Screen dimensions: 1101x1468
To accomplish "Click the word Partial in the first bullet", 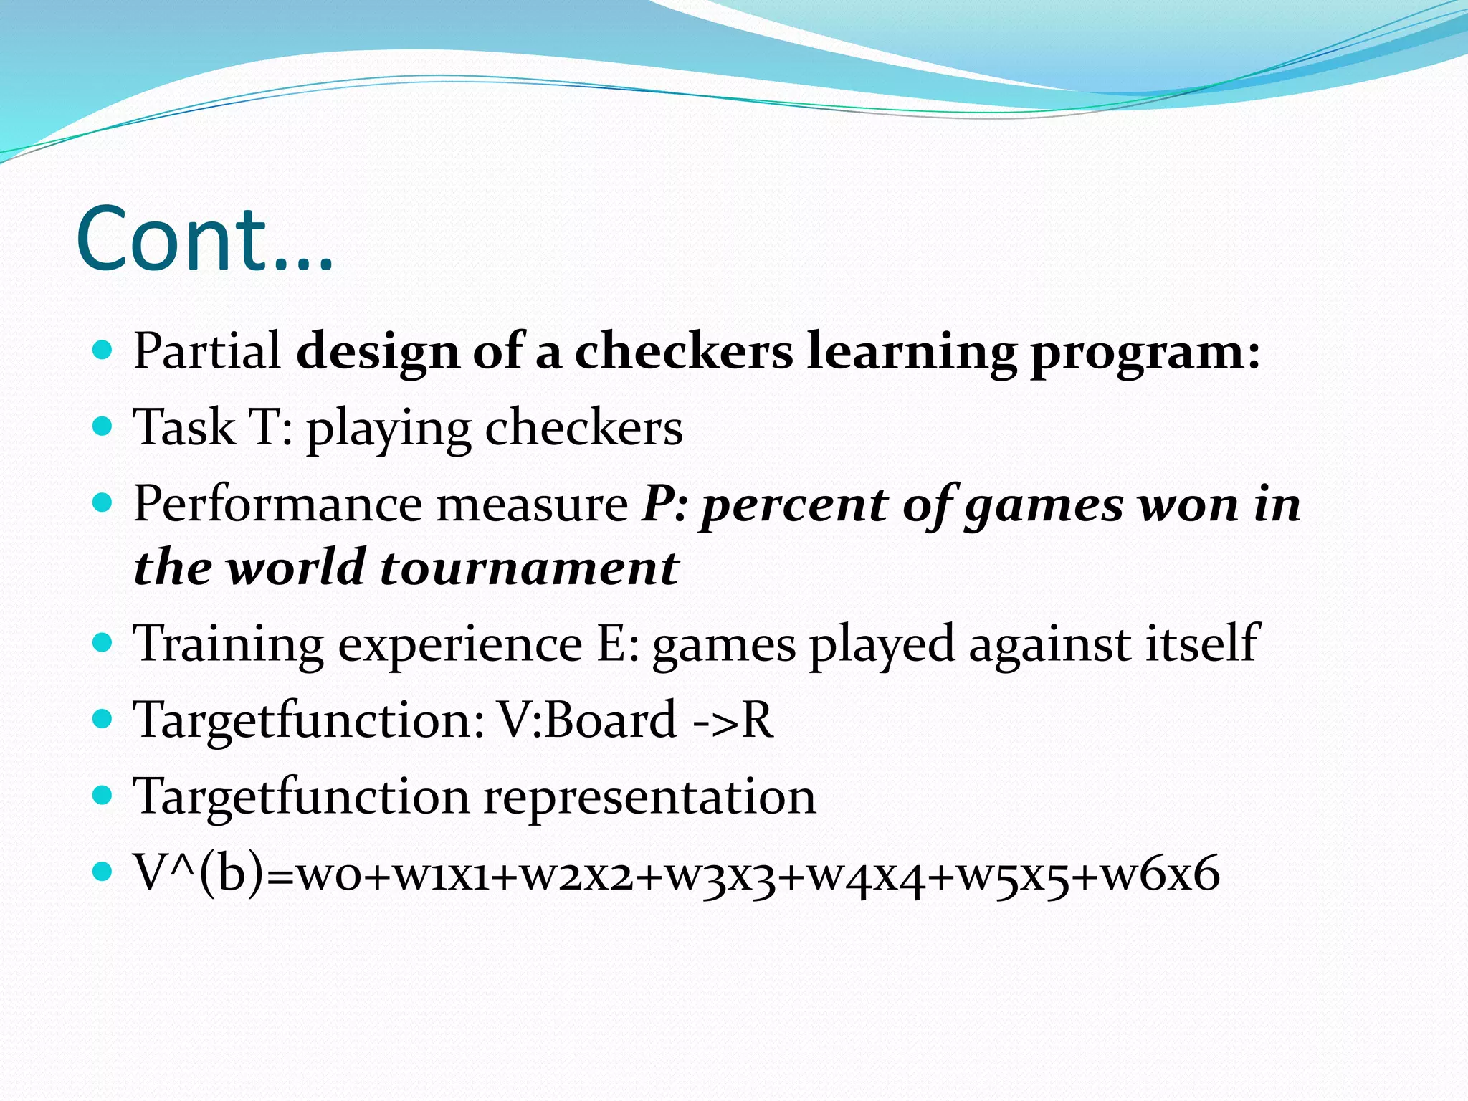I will coord(207,351).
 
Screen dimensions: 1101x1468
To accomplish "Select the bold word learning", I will coord(911,353).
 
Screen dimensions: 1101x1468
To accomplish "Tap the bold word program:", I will coord(1145,353).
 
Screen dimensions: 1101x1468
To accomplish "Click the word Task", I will coord(184,428).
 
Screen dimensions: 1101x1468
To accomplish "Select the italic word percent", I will coord(794,506).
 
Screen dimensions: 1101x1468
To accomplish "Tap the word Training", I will coord(229,644).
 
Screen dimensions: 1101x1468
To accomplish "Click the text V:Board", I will coord(586,720).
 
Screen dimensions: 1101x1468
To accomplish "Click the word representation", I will coord(649,796).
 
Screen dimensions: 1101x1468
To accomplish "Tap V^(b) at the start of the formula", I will coord(199,874).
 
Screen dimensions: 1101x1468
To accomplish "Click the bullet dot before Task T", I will coord(104,427).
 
